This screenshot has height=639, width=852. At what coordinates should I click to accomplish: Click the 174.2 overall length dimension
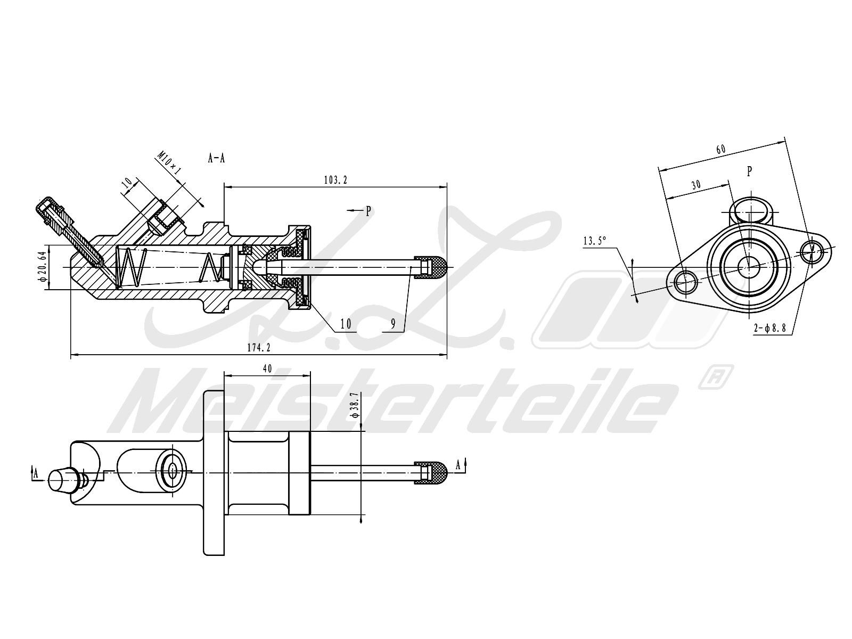pos(259,347)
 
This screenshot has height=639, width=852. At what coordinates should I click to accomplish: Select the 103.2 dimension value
pos(335,180)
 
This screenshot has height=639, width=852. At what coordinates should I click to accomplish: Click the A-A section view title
pos(216,158)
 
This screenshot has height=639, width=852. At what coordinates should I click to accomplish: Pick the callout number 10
pos(346,323)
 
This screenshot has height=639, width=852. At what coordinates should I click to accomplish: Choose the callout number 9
pos(392,323)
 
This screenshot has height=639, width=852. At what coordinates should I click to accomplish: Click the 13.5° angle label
pos(595,241)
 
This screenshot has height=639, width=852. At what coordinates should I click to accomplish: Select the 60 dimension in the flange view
pos(720,150)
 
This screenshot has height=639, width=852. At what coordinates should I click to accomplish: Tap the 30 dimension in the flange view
pos(695,185)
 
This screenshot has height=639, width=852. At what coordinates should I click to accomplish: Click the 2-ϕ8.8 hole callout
pos(770,329)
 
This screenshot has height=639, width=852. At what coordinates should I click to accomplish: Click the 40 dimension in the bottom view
pos(267,368)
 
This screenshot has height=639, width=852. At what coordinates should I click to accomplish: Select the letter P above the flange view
pos(749,171)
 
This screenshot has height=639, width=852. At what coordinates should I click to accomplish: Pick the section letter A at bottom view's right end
pos(458,465)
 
